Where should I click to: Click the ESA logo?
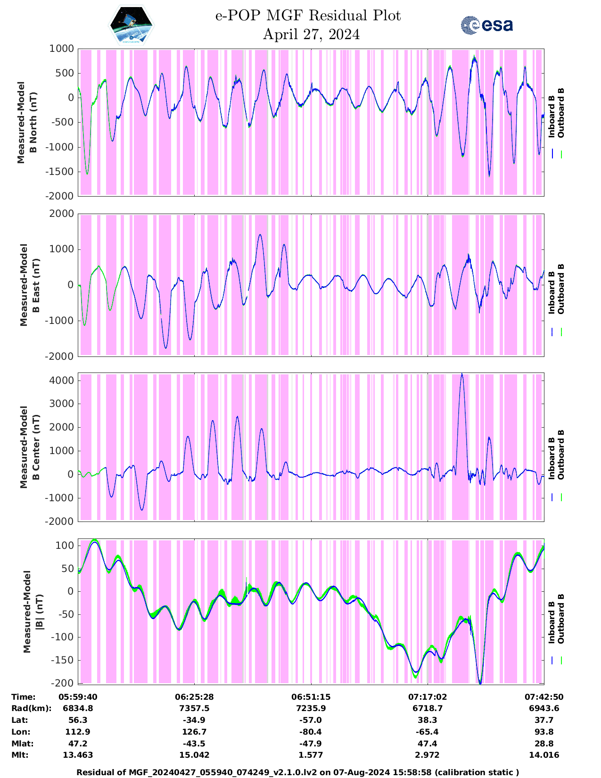[x=487, y=25]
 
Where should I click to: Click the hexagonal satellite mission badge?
[x=132, y=25]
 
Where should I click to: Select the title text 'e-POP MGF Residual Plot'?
[x=308, y=16]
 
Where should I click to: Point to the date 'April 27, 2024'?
[x=311, y=34]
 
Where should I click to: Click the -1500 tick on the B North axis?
[x=61, y=171]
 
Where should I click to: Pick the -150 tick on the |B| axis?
[x=64, y=660]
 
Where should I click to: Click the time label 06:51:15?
[x=311, y=697]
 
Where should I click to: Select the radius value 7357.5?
[x=195, y=708]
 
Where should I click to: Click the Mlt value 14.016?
[x=544, y=755]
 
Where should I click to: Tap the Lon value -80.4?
[x=311, y=732]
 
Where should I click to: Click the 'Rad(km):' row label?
[x=31, y=708]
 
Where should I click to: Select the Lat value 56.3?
[x=78, y=720]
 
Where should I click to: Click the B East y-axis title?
[x=29, y=285]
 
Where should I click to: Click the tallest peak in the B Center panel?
[x=462, y=374]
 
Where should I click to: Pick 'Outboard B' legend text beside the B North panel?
[x=560, y=113]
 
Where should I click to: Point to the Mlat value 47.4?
[x=427, y=744]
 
